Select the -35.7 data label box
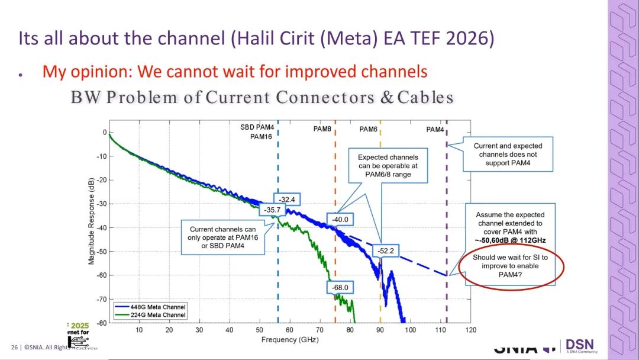(270, 209)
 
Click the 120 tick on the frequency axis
(471, 330)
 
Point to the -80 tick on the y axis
(101, 323)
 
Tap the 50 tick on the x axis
(260, 330)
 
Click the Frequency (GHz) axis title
(290, 340)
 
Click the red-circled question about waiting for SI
(509, 266)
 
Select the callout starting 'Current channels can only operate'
(222, 237)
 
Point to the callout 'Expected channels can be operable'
(388, 166)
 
